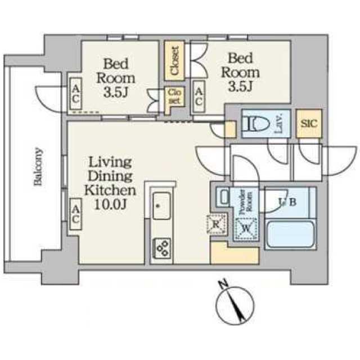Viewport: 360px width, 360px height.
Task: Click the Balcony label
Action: pyautogui.click(x=38, y=166)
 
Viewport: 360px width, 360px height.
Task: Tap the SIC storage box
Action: pyautogui.click(x=309, y=124)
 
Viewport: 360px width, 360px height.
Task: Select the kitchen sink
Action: pyautogui.click(x=161, y=206)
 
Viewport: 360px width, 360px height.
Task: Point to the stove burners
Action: pyautogui.click(x=162, y=248)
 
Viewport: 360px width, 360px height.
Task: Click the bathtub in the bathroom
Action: pyautogui.click(x=290, y=234)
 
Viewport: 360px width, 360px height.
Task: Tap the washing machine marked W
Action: pyautogui.click(x=246, y=228)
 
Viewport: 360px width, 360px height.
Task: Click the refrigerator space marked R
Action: pyautogui.click(x=216, y=224)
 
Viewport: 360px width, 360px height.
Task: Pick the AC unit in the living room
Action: pyautogui.click(x=75, y=214)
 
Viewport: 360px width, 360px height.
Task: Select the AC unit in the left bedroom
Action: pyautogui.click(x=76, y=94)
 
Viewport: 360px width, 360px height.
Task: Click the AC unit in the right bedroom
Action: pyautogui.click(x=199, y=97)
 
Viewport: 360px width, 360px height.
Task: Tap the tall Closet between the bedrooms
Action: pyautogui.click(x=174, y=61)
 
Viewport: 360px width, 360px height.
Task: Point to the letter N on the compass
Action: pyautogui.click(x=223, y=284)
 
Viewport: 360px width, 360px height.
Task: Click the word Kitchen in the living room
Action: pyautogui.click(x=110, y=190)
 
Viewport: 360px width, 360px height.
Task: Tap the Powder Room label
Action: pyautogui.click(x=246, y=201)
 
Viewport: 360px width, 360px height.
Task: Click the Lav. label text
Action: pyautogui.click(x=279, y=124)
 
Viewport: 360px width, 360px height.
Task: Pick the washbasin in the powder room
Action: pyautogui.click(x=223, y=196)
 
